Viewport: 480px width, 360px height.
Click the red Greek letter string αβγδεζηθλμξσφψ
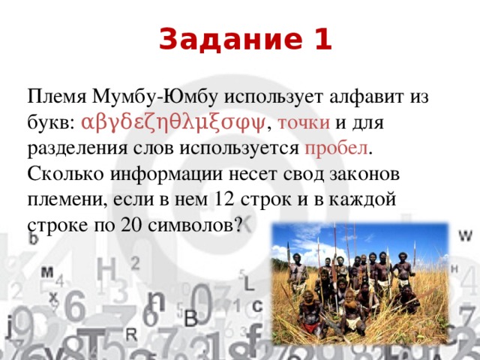(x=174, y=121)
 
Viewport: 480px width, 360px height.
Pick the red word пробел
(x=337, y=148)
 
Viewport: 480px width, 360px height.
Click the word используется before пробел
(x=237, y=148)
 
